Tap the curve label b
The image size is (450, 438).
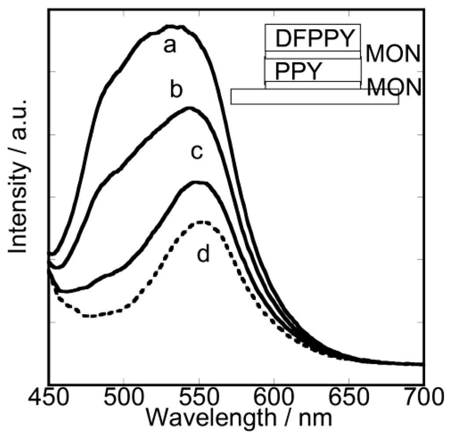[x=177, y=90]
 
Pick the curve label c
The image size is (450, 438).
[x=196, y=152]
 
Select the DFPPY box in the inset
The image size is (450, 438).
[x=313, y=39]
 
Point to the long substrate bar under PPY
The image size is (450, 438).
[x=315, y=97]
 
